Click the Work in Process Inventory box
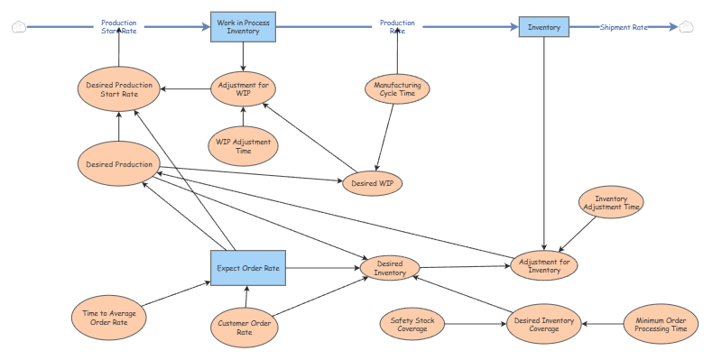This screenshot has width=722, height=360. point(243,27)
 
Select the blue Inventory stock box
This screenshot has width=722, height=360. point(544,27)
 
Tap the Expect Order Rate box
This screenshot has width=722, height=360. point(248,268)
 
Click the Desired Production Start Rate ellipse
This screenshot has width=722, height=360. point(119,89)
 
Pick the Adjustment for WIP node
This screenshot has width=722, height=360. point(243,88)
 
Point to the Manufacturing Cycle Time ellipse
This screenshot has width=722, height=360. point(397,88)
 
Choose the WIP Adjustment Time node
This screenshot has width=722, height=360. point(243,146)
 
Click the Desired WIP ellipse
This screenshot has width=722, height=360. point(373,183)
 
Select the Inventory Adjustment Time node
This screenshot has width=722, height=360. point(611,202)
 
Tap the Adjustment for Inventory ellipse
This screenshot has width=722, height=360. point(544,265)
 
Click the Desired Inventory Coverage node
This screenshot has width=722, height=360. point(544,324)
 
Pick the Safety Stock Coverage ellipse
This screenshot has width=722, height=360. point(412,324)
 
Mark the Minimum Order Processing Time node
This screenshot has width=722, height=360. point(661,324)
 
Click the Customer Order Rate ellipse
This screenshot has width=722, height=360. point(245,328)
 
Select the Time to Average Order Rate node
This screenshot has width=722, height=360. point(109,318)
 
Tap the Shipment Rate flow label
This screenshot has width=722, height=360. point(624,28)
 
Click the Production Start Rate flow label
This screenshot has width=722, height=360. point(119,27)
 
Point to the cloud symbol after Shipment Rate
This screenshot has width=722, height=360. point(686,27)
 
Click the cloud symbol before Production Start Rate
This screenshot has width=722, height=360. point(19,27)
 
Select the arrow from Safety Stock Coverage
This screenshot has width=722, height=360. point(476,324)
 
